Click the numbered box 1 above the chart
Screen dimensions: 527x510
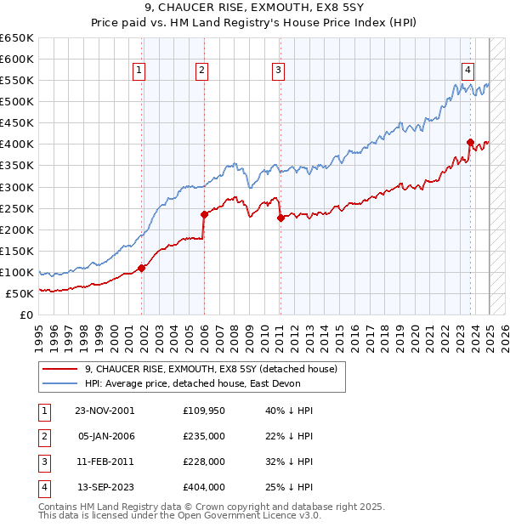point(139,71)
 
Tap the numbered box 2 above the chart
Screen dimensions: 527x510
point(201,71)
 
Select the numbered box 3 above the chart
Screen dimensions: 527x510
point(279,71)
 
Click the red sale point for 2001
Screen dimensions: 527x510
point(142,268)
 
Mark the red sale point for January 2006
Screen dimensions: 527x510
point(204,214)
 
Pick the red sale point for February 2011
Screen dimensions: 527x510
point(280,218)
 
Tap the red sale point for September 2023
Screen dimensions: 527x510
point(470,142)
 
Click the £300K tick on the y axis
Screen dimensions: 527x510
point(17,187)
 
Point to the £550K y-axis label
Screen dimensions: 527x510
point(17,81)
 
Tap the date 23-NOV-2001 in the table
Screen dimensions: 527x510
point(105,410)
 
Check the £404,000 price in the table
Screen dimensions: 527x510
point(204,487)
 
